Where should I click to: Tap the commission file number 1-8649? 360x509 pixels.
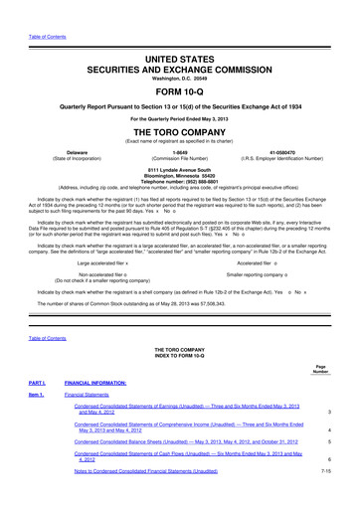pos(179,152)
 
